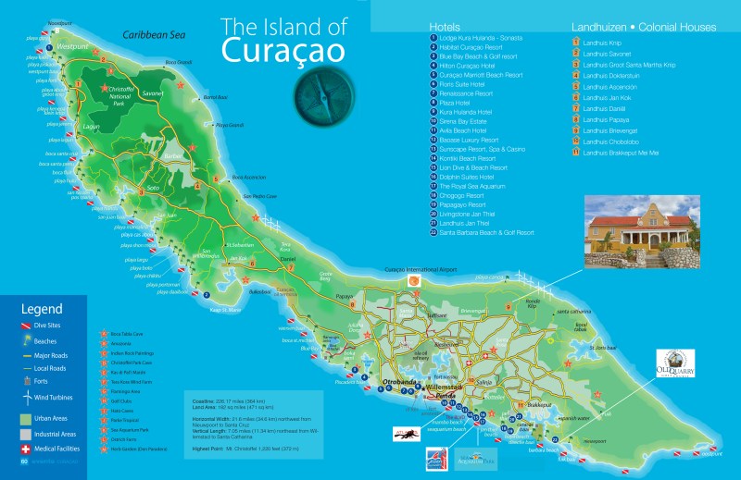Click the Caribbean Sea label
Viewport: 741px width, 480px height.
(156, 35)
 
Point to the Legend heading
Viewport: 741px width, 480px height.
(42, 308)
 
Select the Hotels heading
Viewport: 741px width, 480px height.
(452, 26)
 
